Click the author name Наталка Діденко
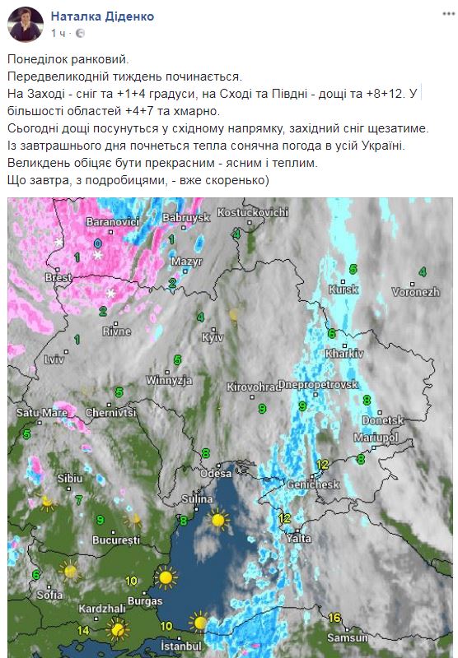(102, 16)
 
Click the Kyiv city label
(213, 338)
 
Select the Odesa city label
(217, 474)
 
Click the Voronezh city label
(416, 292)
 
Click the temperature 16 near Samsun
(334, 618)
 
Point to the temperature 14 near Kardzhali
(82, 630)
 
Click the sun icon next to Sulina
(218, 518)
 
